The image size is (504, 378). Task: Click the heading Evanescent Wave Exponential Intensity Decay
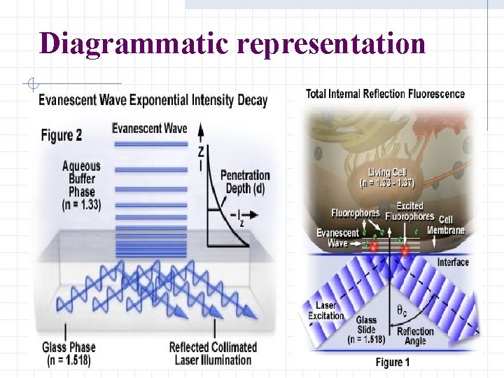tap(153, 100)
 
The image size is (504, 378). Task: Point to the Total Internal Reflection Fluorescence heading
tap(385, 94)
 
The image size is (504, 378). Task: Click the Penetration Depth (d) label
tap(244, 182)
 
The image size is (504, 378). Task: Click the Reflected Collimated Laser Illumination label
tap(213, 353)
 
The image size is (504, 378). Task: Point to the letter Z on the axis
tap(201, 150)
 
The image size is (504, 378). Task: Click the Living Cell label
tap(386, 178)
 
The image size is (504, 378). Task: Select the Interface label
tap(453, 262)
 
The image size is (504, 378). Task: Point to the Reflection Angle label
tap(415, 336)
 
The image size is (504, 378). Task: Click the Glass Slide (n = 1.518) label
tap(365, 330)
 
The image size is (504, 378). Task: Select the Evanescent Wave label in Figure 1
tap(337, 238)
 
